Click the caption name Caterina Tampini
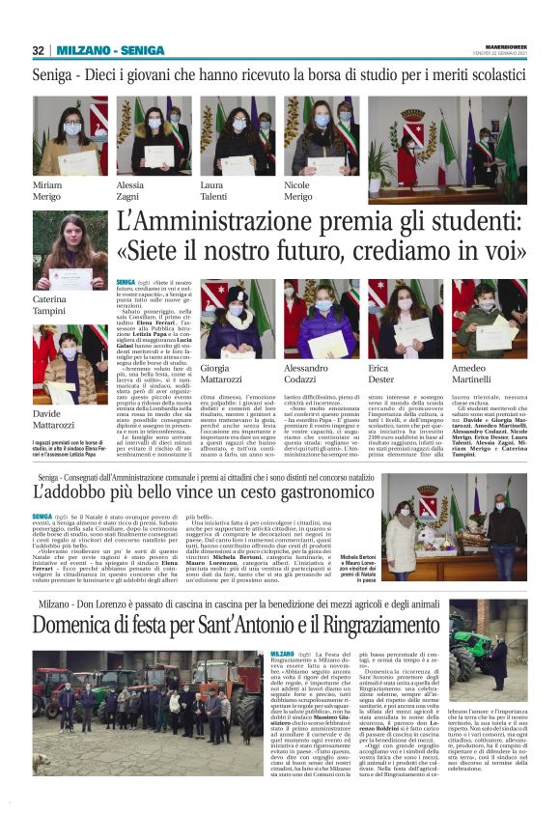pos(50,304)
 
